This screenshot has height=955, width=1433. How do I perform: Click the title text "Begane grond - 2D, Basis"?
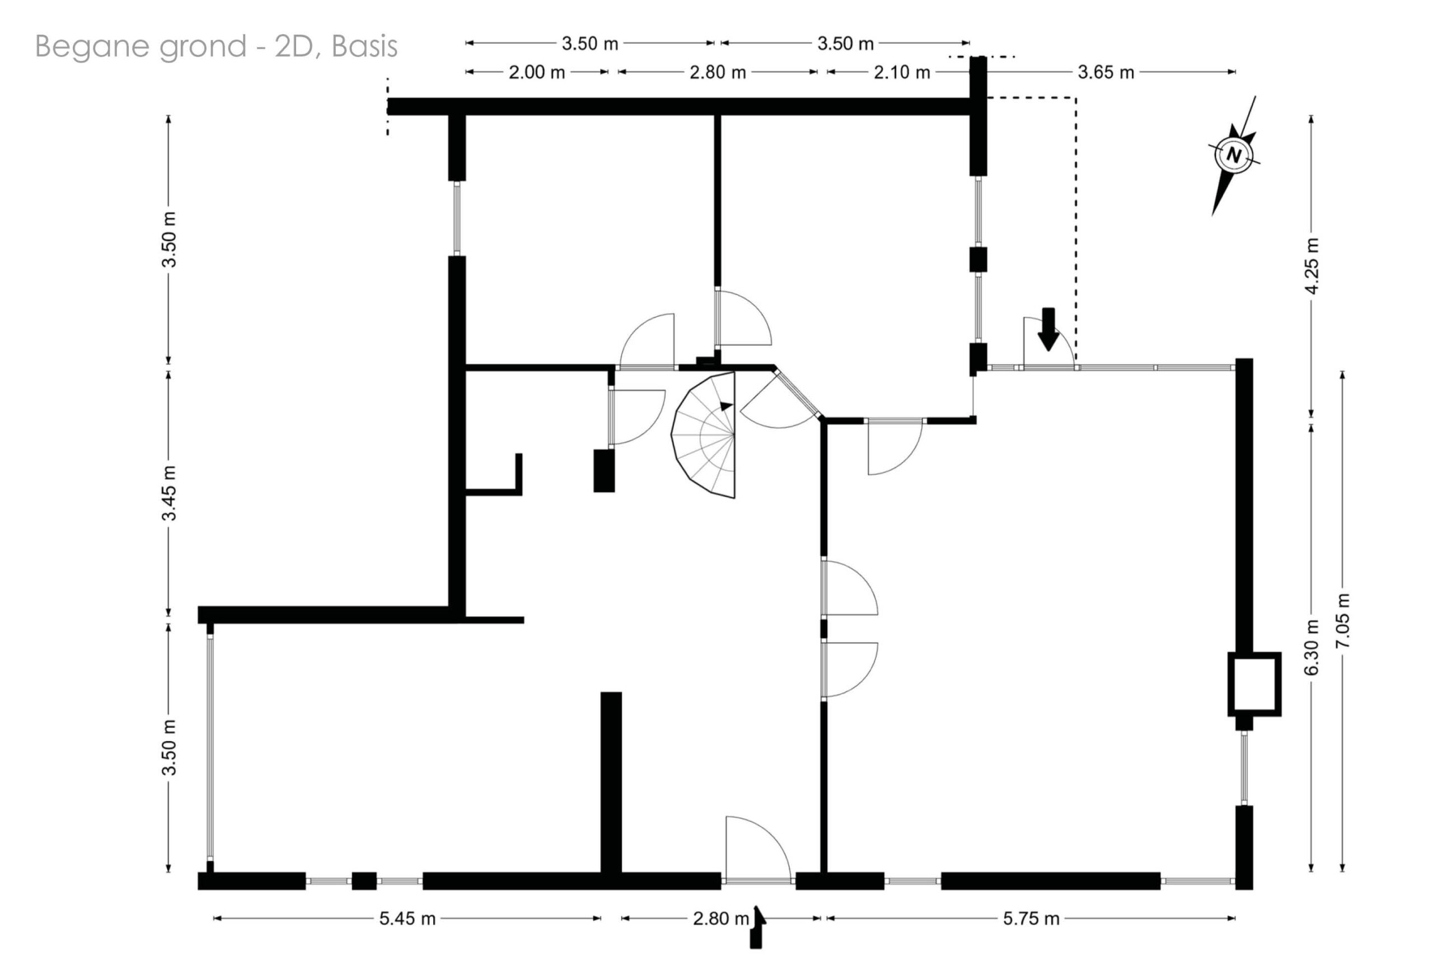point(216,47)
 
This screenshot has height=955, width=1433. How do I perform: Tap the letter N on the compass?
point(1234,155)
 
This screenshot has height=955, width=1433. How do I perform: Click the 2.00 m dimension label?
point(537,72)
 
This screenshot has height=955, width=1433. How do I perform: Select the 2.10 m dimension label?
point(901,72)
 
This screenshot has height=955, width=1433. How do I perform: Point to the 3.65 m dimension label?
point(1106,72)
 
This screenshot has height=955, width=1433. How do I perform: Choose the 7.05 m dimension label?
point(1342,621)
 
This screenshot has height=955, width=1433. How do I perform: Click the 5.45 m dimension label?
point(408,919)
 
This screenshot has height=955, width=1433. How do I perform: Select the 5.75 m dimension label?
point(1031,919)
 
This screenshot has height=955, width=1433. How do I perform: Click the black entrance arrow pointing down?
point(1047,330)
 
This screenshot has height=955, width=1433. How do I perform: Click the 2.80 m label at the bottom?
point(720,919)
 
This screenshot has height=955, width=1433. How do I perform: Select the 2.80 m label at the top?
point(718,72)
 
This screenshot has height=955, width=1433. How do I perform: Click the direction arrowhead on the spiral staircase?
point(725,406)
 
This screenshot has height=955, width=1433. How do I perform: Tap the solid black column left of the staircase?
point(604,470)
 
